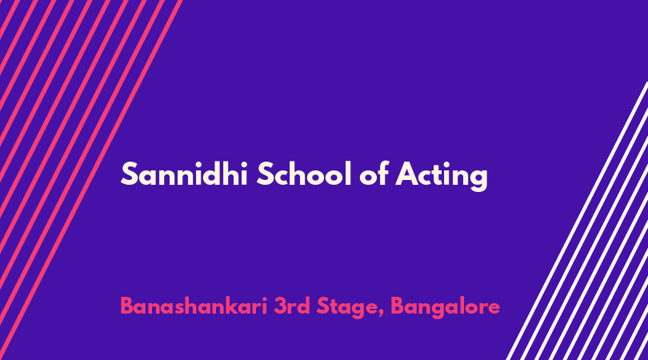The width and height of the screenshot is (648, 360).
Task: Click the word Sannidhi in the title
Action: coord(184,174)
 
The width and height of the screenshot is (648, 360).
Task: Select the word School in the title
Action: coord(304,174)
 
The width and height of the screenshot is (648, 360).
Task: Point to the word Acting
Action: coord(442,176)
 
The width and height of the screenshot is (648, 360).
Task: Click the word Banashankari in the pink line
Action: coord(194,306)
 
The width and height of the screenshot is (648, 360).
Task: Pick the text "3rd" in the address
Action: coord(292,306)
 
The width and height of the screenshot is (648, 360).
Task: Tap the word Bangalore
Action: coord(445,308)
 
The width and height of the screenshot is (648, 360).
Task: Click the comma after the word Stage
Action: coord(381,314)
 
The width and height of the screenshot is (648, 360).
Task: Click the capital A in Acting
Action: coord(407,174)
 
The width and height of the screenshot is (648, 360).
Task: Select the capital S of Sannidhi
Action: coord(129,174)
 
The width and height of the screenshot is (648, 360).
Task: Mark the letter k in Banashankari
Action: coord(236,306)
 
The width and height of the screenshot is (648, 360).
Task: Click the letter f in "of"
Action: coord(382,173)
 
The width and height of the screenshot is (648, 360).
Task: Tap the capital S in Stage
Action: coord(324,306)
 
